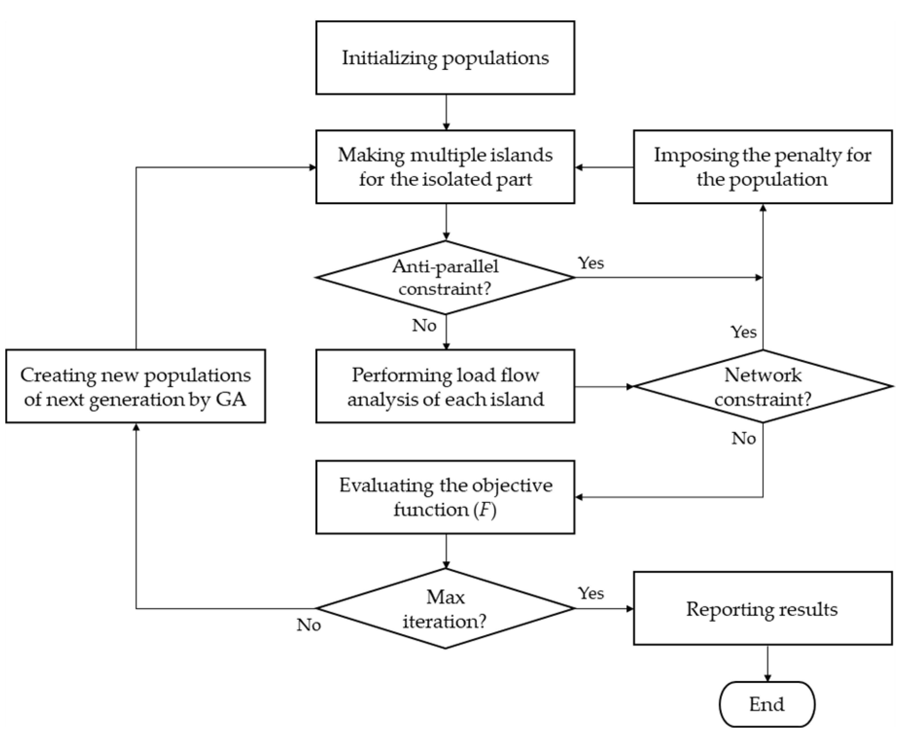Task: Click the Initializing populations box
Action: [x=445, y=58]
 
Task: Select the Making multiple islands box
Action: [x=445, y=167]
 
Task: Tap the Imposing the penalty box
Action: [x=762, y=167]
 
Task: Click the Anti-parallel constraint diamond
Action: [x=445, y=278]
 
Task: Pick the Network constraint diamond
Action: [x=762, y=386]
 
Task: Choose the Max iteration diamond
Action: [x=445, y=609]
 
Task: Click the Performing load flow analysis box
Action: [x=445, y=386]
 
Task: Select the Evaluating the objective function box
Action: [x=445, y=497]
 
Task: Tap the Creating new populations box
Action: [x=136, y=386]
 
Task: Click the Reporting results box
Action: [x=762, y=609]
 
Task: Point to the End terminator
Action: [x=767, y=704]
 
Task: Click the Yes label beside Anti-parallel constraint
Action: [x=591, y=263]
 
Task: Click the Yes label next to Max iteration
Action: [x=591, y=594]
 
